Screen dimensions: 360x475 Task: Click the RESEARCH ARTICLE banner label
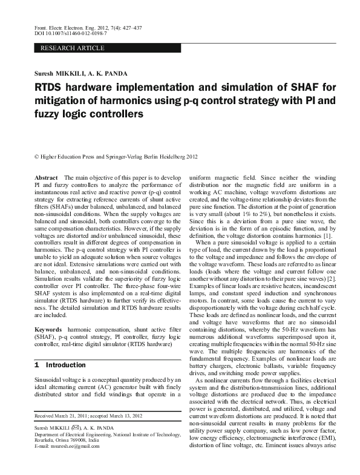pos(72,48)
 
